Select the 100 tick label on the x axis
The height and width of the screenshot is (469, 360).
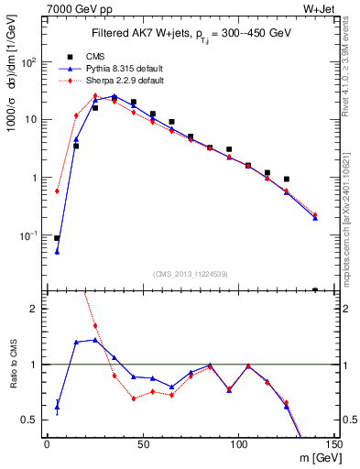click(237, 444)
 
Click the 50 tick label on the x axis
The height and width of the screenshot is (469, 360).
click(142, 444)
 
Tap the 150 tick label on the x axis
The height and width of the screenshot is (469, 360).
click(333, 444)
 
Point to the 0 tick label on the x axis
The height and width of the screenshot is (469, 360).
click(47, 444)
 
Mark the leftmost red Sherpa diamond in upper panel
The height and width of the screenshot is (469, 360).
click(57, 191)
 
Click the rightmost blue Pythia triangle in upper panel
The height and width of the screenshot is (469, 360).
click(315, 218)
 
